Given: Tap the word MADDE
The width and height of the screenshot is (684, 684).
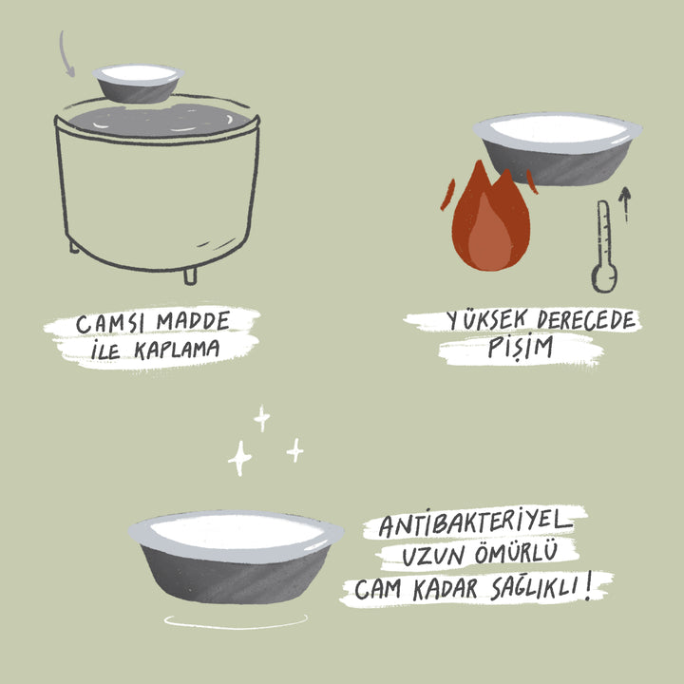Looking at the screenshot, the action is point(193,321).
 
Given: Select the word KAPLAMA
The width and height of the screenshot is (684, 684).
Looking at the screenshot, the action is point(177,350).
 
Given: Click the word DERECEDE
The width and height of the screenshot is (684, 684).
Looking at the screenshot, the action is point(586,320).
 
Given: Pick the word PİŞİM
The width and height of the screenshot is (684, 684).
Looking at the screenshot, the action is point(520,348).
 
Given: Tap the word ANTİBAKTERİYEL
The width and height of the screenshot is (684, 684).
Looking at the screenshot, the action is point(476,522).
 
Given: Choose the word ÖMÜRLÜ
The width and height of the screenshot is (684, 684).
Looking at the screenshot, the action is point(516,553).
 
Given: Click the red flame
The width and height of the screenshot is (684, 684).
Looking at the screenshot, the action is point(491,217).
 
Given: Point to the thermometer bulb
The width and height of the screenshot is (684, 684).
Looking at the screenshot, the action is point(604,277).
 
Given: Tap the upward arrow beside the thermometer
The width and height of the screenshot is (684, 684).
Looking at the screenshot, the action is point(625,204).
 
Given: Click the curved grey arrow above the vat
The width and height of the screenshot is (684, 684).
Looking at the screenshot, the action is point(65,54).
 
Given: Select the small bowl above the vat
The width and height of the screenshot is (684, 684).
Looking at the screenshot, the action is point(138,84).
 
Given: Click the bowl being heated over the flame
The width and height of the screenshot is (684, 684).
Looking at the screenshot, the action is point(558,148).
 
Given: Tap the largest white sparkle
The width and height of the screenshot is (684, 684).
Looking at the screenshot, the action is point(239,458).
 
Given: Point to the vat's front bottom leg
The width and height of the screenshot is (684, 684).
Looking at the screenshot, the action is point(190,276).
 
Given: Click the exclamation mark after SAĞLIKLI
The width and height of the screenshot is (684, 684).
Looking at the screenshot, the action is point(589,585).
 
